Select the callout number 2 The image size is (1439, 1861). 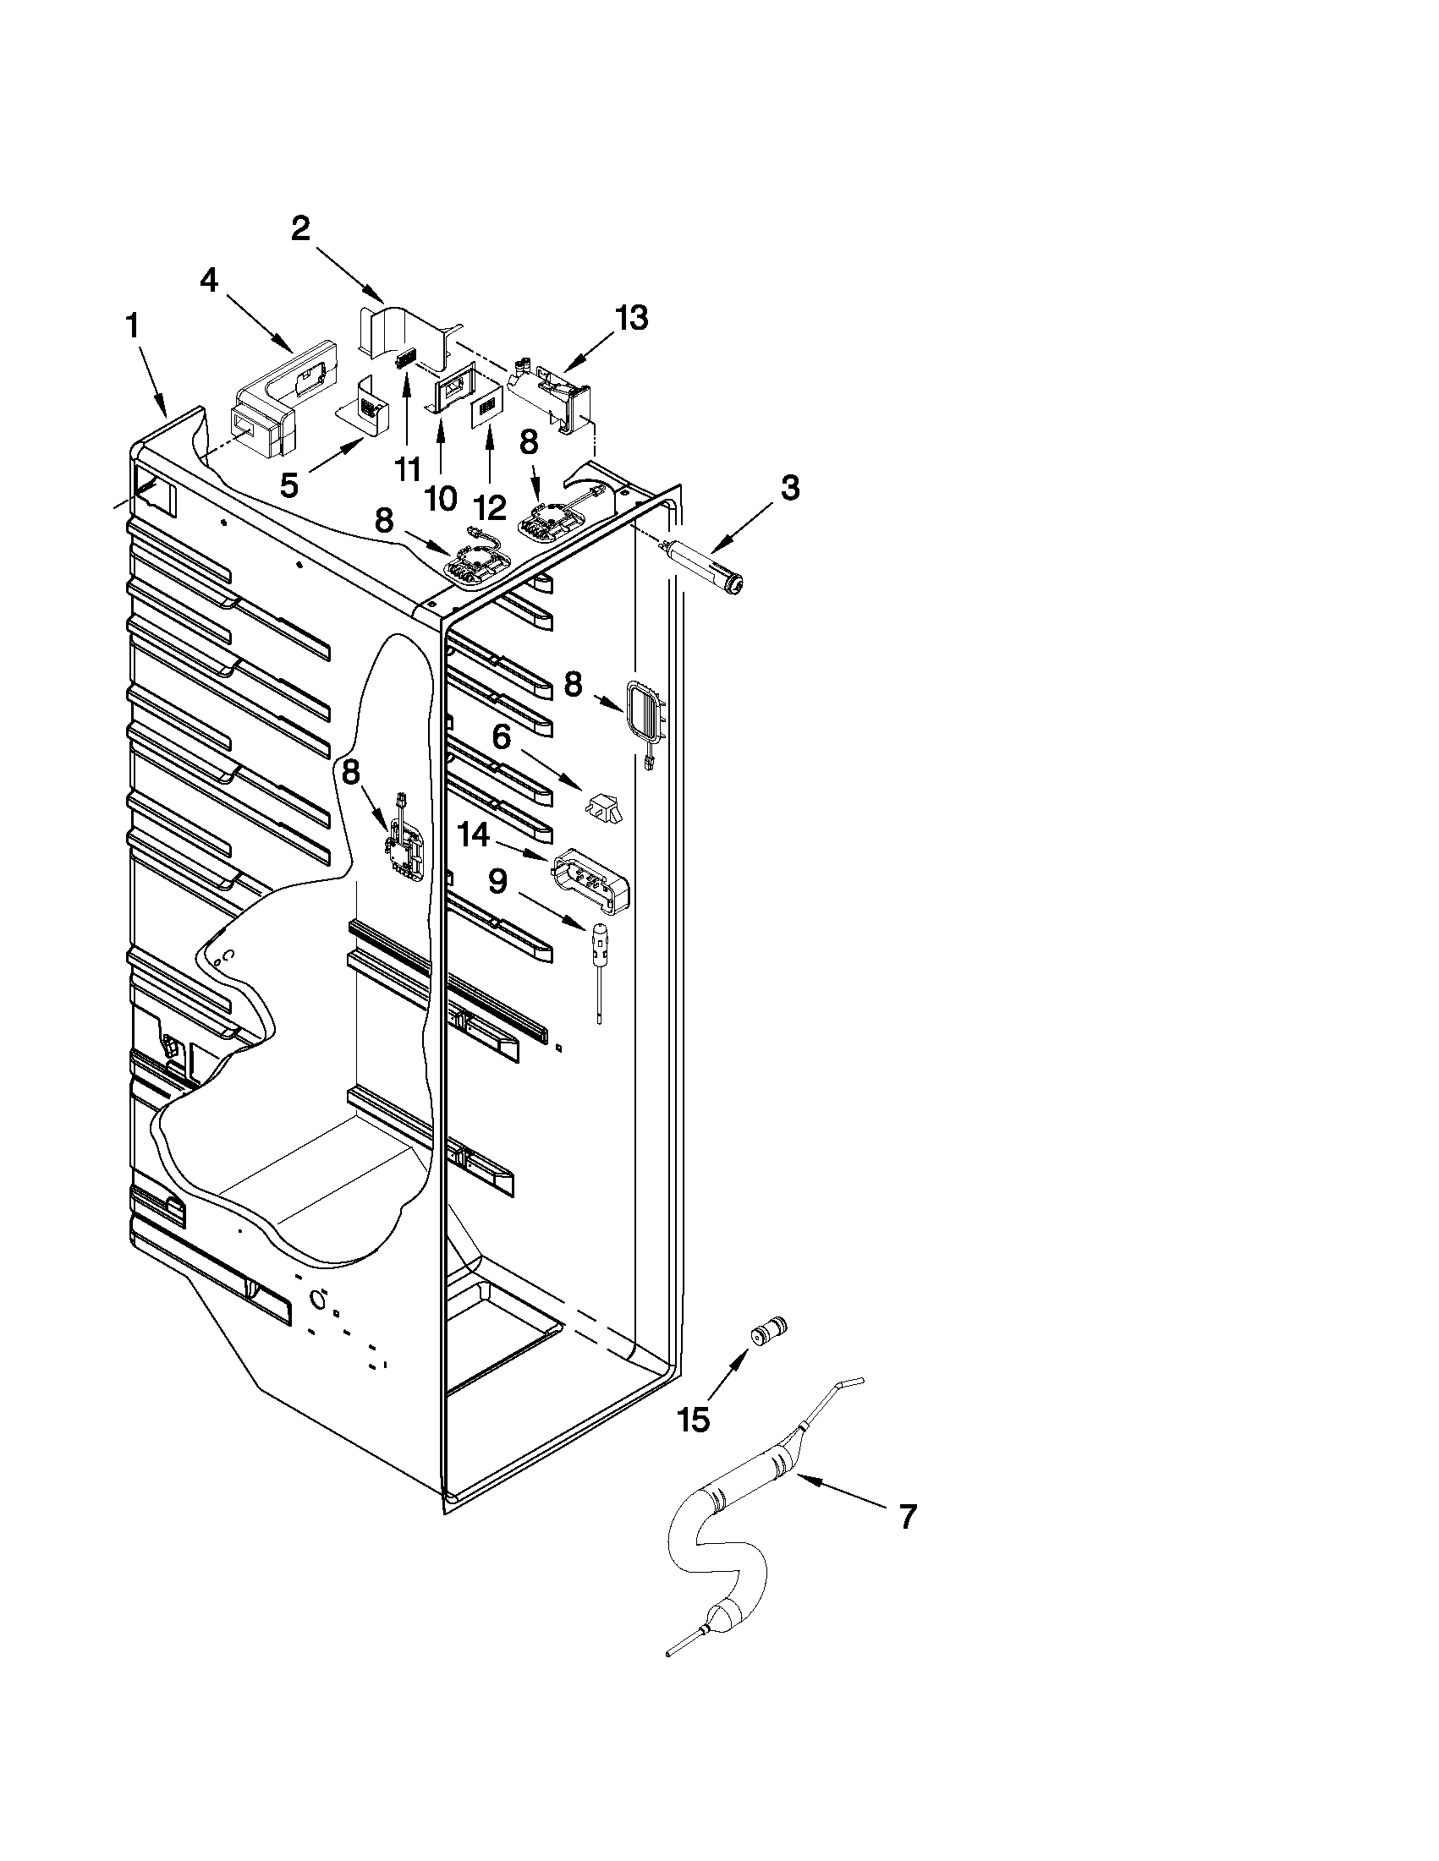[300, 228]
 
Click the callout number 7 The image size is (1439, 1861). [907, 1518]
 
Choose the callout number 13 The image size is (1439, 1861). [632, 318]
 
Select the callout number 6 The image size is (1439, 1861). [502, 736]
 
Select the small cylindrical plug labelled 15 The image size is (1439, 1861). [767, 1329]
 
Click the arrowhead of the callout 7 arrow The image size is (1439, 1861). [799, 1481]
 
